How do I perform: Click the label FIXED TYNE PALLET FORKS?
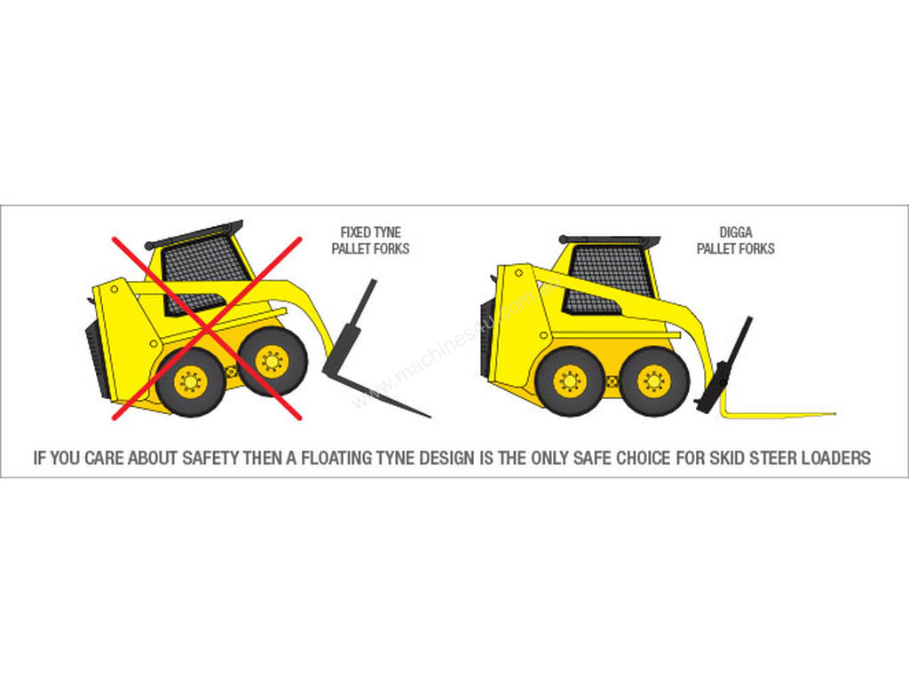[x=370, y=240]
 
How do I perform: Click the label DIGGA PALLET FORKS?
[x=736, y=240]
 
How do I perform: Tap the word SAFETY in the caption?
[x=210, y=458]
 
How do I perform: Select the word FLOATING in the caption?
[x=335, y=458]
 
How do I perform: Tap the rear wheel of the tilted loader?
[x=191, y=381]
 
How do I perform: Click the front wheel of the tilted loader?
[x=273, y=362]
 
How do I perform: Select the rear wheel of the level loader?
[x=571, y=381]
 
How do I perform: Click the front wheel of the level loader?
[x=654, y=381]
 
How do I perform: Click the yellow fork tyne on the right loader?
[x=777, y=413]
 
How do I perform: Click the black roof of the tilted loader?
[x=194, y=233]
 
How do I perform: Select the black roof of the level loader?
[x=609, y=239]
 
